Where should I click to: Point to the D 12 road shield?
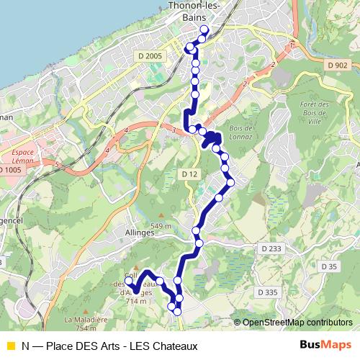189,174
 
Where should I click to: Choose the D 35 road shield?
329,267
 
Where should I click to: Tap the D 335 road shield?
266,292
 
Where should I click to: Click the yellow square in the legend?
9,346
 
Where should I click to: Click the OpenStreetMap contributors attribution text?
297,322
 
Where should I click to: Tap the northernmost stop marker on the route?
204,30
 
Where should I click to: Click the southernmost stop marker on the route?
177,311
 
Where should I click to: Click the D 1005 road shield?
9,170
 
